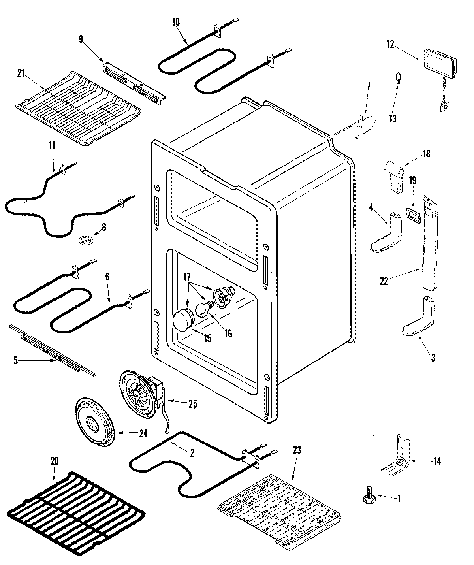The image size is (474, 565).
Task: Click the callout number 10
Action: [x=176, y=22]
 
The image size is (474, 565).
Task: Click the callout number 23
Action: [x=297, y=449]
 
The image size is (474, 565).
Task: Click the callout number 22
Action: [x=384, y=281]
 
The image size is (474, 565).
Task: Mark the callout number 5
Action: [x=16, y=361]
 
